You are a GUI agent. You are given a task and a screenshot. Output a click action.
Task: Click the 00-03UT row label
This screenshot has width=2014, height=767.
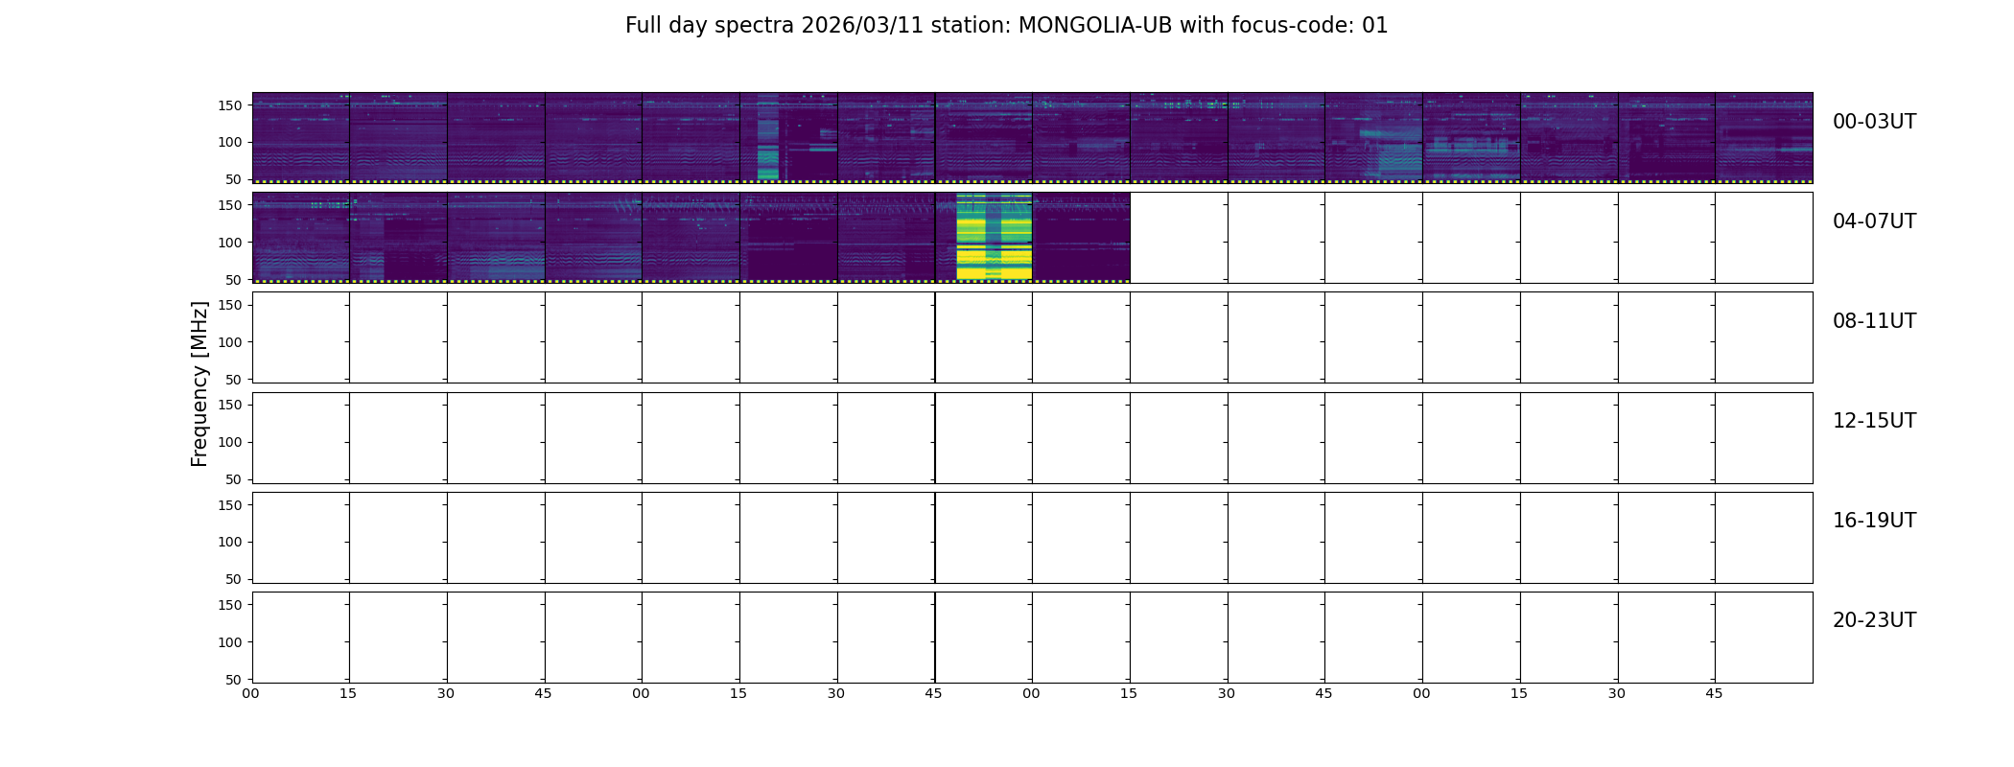(1874, 122)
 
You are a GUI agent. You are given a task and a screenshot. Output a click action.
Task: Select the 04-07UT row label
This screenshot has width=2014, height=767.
(1874, 221)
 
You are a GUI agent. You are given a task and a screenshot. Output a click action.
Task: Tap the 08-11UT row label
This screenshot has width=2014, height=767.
(1874, 321)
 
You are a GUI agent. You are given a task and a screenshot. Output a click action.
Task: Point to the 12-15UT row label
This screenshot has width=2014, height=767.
(1874, 421)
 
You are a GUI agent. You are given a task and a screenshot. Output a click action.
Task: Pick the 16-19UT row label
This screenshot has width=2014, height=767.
(1874, 521)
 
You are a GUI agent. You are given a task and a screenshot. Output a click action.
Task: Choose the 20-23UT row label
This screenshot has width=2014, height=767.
(1874, 620)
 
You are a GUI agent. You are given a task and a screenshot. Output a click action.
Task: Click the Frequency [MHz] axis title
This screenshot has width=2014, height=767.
(199, 383)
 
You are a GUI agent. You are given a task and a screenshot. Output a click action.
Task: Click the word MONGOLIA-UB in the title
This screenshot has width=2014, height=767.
(1095, 26)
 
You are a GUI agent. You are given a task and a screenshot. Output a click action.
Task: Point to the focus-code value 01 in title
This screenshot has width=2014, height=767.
(1375, 26)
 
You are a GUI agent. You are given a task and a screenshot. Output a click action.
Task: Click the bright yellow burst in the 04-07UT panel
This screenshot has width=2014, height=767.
(994, 237)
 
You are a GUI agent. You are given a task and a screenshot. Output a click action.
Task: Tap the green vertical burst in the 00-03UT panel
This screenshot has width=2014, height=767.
(767, 137)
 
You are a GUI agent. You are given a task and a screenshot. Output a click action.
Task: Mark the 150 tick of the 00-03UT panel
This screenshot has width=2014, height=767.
(230, 105)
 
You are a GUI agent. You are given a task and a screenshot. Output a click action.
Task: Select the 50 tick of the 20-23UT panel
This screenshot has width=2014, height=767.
(234, 680)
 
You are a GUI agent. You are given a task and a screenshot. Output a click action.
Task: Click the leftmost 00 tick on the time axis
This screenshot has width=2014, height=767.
(250, 693)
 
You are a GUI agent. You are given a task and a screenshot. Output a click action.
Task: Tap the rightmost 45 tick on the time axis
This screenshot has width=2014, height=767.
(1714, 693)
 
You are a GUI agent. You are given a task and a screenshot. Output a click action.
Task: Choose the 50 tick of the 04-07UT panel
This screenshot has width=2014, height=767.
(234, 280)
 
